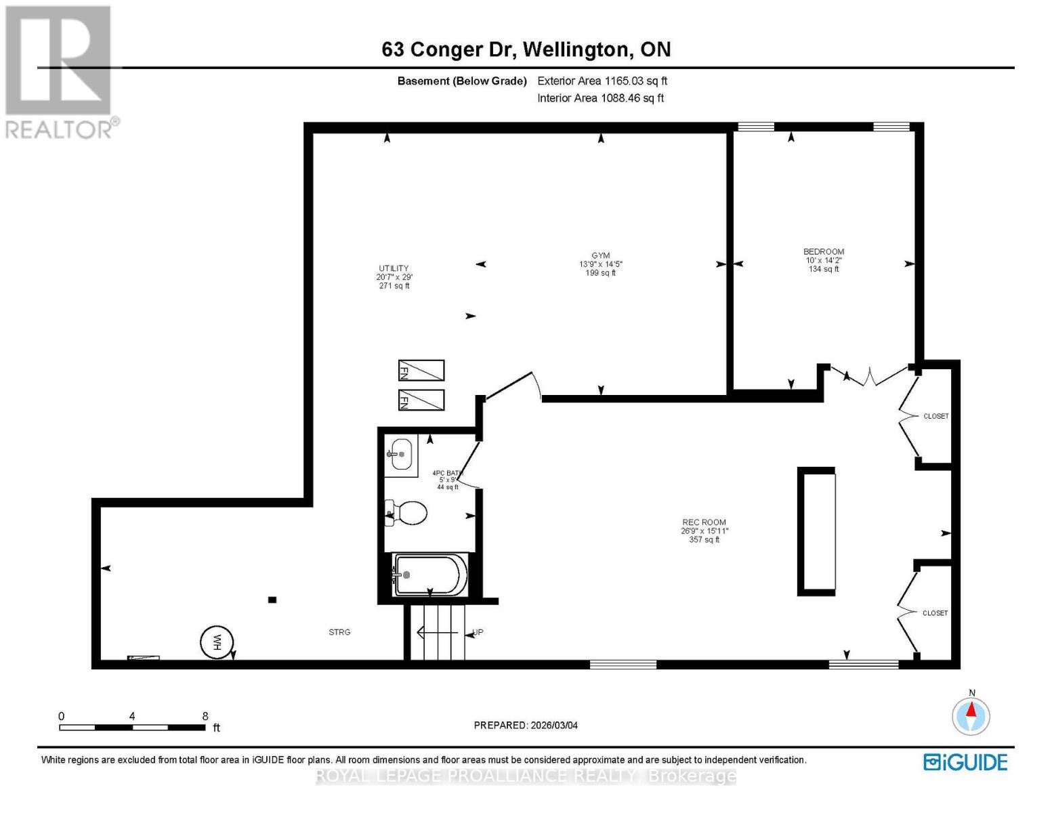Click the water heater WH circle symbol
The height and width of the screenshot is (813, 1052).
[x=217, y=641]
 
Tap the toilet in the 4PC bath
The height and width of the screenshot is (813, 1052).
[x=407, y=513]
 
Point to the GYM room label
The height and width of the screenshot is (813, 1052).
[x=600, y=256]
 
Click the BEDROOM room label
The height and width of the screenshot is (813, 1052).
[x=824, y=252]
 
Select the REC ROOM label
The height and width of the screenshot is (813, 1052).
[x=704, y=522]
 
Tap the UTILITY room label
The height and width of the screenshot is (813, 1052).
[x=394, y=269]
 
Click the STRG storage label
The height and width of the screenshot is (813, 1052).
[x=339, y=632]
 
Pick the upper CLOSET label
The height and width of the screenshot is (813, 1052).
[x=936, y=416]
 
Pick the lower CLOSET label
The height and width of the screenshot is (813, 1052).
[x=935, y=613]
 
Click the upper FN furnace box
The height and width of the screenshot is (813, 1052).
[x=421, y=371]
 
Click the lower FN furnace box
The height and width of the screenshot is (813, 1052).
[x=421, y=400]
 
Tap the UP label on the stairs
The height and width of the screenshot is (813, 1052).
[x=478, y=632]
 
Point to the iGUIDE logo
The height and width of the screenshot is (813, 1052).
[x=965, y=762]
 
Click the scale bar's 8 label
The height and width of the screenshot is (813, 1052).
[x=205, y=716]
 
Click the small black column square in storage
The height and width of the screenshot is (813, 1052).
[x=272, y=600]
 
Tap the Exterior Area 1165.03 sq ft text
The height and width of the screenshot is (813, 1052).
[x=602, y=81]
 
